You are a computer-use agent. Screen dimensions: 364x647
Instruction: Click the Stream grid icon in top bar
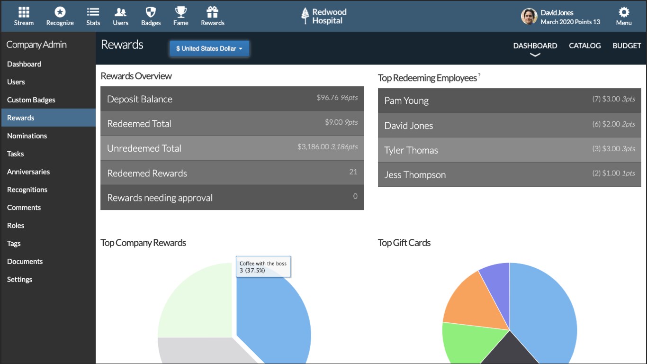point(24,12)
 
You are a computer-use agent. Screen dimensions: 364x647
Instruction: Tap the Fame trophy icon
point(180,12)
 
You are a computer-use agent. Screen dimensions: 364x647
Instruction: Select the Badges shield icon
point(151,12)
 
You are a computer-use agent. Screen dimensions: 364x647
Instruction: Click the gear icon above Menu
point(624,12)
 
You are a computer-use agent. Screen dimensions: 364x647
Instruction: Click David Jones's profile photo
point(529,17)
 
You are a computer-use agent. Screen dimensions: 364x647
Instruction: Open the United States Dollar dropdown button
point(209,48)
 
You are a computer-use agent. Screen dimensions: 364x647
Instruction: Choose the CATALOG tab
point(584,46)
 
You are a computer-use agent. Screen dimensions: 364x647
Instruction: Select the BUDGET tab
point(627,46)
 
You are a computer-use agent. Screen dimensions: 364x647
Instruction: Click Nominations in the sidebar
point(27,136)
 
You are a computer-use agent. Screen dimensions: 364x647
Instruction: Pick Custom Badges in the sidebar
point(31,100)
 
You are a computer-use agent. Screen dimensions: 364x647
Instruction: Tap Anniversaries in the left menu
point(28,172)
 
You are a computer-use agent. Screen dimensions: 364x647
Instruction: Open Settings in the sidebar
point(20,280)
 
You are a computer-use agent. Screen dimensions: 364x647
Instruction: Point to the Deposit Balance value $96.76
point(327,98)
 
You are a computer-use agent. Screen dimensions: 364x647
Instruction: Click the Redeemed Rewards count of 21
point(353,172)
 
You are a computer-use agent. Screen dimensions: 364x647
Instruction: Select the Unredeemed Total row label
point(144,148)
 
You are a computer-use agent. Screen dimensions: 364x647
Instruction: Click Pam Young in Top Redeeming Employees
point(406,100)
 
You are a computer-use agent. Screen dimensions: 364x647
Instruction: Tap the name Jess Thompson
point(415,175)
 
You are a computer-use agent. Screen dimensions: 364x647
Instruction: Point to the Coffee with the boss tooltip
point(263,267)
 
